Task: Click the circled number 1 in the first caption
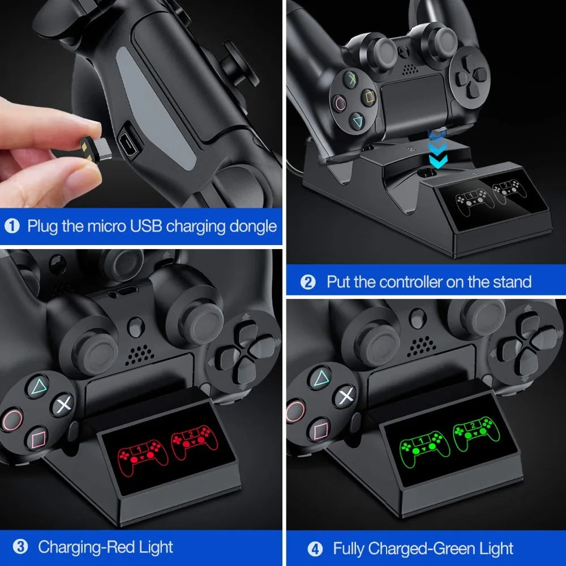tap(12, 226)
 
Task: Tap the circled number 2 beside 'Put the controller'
tap(308, 282)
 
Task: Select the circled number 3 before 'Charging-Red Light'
tap(20, 547)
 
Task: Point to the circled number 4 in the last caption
tap(315, 548)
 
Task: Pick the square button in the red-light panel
tap(38, 438)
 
